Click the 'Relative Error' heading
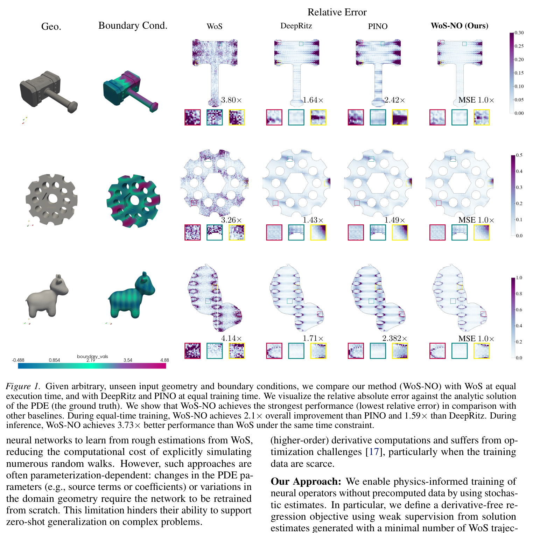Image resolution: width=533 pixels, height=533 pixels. click(337, 12)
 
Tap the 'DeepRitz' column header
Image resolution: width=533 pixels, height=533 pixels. click(296, 26)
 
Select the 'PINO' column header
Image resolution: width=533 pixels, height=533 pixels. click(378, 26)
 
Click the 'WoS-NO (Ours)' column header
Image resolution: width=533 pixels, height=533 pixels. click(460, 26)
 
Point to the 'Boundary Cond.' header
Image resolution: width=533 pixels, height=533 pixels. click(133, 26)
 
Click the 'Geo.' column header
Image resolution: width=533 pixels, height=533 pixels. click(51, 27)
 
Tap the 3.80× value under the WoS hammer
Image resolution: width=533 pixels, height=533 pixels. click(231, 100)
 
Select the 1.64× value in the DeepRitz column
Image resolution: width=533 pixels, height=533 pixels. click(313, 100)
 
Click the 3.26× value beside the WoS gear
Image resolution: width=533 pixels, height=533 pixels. click(231, 220)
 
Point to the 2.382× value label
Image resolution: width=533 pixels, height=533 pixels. click(395, 338)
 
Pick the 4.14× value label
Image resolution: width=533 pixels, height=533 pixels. click(231, 338)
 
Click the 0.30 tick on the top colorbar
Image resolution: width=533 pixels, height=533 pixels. click(519, 33)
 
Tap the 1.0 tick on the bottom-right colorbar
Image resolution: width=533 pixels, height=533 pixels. click(519, 278)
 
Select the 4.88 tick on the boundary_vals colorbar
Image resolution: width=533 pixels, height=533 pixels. click(164, 360)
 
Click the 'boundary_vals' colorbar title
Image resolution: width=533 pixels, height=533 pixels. click(92, 356)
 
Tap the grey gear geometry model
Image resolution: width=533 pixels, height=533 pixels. click(52, 199)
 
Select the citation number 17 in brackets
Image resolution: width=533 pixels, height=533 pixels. click(374, 452)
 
